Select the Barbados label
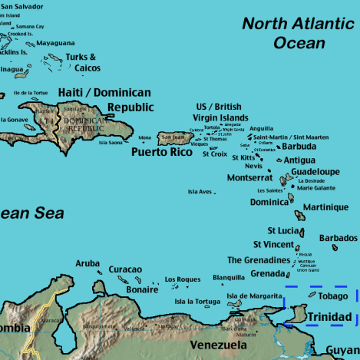point(338,238)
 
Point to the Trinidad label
point(329,317)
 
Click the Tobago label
point(333,296)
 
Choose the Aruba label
point(88,263)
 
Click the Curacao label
point(125,269)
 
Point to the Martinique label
point(325,207)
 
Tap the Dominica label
point(269,203)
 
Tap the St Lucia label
point(283,230)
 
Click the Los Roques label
point(183,279)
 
